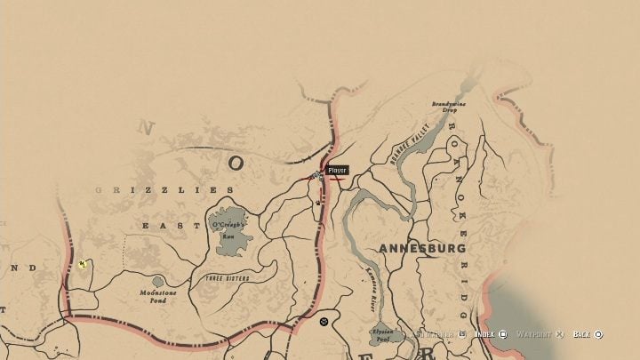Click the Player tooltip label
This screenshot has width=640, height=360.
[x=337, y=170]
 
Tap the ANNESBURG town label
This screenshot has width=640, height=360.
[x=422, y=248]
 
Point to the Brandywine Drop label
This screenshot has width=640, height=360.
[x=449, y=106]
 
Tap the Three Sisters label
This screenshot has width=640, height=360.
[x=227, y=279]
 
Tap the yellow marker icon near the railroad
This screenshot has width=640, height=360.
[x=82, y=264]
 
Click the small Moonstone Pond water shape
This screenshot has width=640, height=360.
[x=157, y=281]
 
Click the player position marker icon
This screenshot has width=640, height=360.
[x=317, y=176]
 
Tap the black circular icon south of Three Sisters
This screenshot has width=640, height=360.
[x=324, y=322]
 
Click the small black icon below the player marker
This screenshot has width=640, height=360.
[x=318, y=202]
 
